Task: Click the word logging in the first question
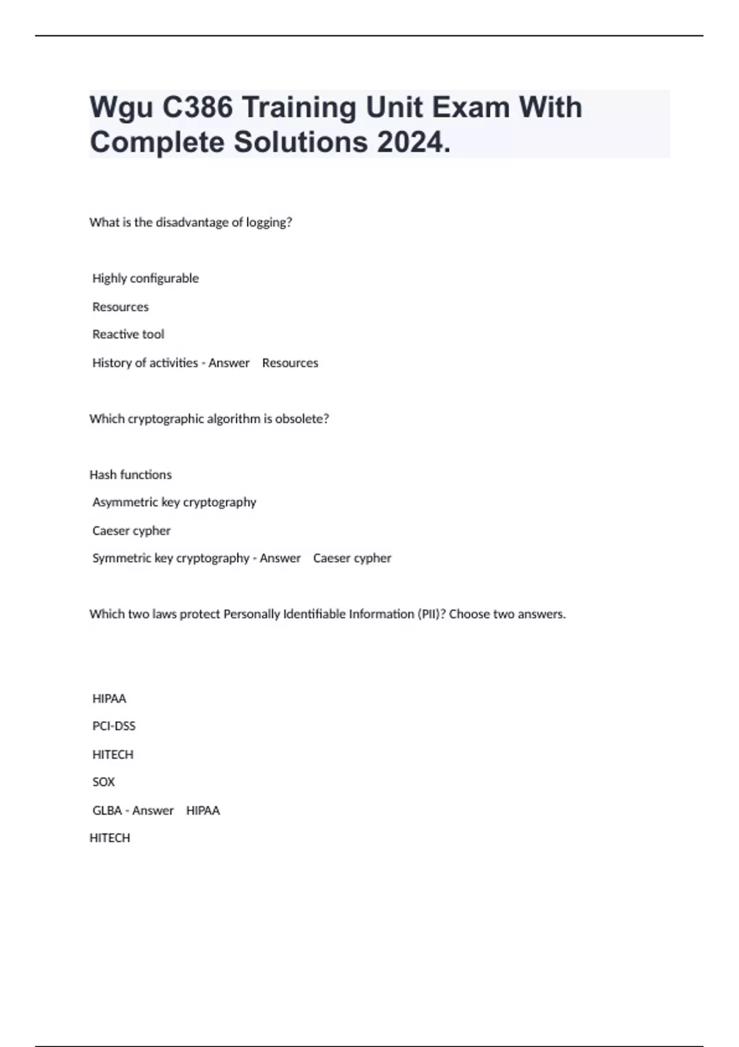pos(269,222)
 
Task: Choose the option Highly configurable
pos(145,278)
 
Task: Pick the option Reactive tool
pos(128,334)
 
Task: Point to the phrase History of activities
pos(145,363)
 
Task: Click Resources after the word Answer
pos(290,363)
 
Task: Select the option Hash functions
pos(131,475)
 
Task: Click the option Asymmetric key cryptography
pos(174,502)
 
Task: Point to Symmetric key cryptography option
pos(171,558)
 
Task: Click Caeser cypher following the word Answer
pos(352,558)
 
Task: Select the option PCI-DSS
pos(114,726)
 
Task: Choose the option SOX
pos(103,782)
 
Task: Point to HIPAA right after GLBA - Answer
pos(203,811)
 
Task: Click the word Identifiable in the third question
pos(315,614)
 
